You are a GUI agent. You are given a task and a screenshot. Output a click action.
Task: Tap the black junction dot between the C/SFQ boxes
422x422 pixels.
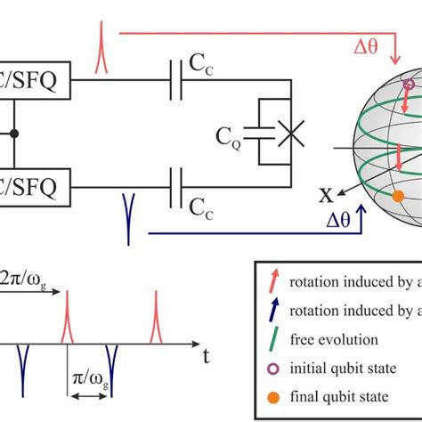pyautogui.click(x=13, y=134)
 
